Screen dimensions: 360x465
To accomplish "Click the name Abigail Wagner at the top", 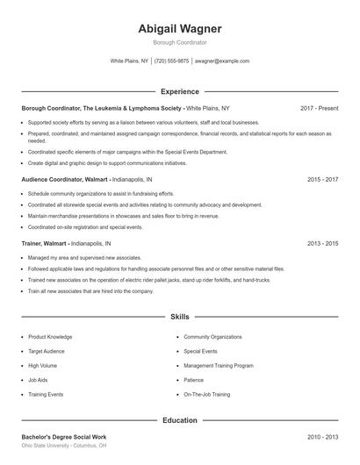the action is tap(179, 28).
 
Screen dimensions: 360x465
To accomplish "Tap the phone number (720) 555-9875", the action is tap(171, 61).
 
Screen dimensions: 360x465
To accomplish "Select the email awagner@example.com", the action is tap(222, 61).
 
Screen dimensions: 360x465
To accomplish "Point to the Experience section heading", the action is tap(179, 91).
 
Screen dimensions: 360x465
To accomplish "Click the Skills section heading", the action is tap(179, 316).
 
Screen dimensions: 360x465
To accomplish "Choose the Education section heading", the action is tap(179, 420).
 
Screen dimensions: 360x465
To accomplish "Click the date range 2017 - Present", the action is tap(319, 108).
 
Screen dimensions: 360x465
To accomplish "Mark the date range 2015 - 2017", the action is tap(322, 179).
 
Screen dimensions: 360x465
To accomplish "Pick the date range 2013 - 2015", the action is tap(322, 243).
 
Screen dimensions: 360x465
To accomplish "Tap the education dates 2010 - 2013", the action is tap(322, 436).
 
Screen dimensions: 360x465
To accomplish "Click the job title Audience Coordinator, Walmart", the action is tap(65, 179).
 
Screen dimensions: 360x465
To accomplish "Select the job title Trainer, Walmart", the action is tap(49, 243).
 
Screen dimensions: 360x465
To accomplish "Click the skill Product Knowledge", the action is tap(50, 336).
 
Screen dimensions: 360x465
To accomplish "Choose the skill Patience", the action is tap(193, 380).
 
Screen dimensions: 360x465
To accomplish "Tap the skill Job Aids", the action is tap(38, 380).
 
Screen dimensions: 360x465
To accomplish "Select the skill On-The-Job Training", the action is tap(207, 395).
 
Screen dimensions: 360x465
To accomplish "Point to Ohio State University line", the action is tap(64, 446).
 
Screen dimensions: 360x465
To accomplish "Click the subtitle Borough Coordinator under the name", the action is tap(179, 42).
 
